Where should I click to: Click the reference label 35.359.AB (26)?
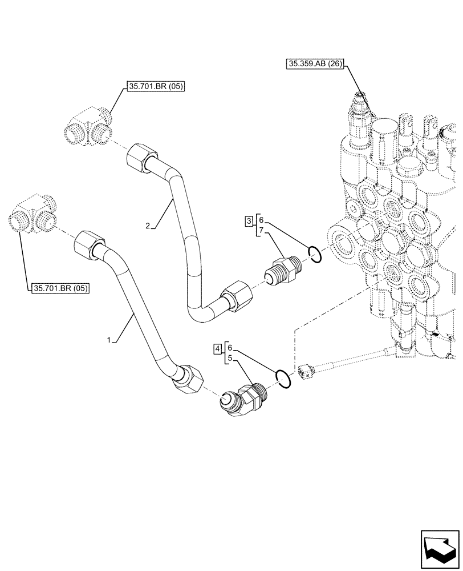click(x=314, y=64)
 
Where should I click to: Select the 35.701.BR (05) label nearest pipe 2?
click(x=156, y=87)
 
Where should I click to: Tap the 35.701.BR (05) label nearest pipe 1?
click(x=60, y=288)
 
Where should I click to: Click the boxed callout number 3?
click(x=250, y=221)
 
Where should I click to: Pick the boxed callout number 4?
click(x=218, y=348)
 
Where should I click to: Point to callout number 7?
click(x=261, y=230)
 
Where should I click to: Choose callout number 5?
click(x=229, y=358)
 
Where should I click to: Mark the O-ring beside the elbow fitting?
click(x=283, y=379)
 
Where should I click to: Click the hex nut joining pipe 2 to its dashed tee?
click(x=139, y=156)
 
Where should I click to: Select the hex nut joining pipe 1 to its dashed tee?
click(x=87, y=243)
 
